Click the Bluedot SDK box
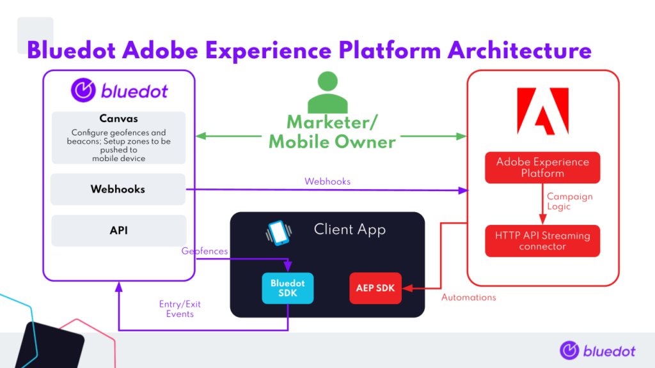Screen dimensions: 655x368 [x=288, y=288]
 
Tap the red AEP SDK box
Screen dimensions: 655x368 [x=375, y=288]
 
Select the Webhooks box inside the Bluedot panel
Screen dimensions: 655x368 [x=118, y=189]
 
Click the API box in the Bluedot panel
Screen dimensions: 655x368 [x=118, y=230]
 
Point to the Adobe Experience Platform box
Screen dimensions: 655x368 [x=542, y=168]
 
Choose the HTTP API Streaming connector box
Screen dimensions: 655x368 [x=542, y=241]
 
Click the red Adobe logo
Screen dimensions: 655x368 [x=543, y=111]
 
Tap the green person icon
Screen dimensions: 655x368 [x=327, y=92]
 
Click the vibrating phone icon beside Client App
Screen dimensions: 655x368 [x=279, y=233]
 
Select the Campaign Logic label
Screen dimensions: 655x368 [x=570, y=201]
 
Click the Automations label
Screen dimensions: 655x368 [x=469, y=298]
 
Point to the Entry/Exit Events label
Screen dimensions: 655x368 [x=180, y=309]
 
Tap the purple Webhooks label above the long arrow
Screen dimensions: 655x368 [x=327, y=181]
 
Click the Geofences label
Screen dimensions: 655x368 [x=205, y=251]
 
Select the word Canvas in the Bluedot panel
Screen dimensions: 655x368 [x=118, y=118]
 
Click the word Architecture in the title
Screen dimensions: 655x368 [x=519, y=51]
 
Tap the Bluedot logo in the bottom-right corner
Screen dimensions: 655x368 [x=597, y=351]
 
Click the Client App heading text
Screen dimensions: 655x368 [x=350, y=229]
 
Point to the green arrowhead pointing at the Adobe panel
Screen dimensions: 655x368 [x=461, y=137]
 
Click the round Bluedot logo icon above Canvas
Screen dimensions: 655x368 [x=83, y=90]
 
